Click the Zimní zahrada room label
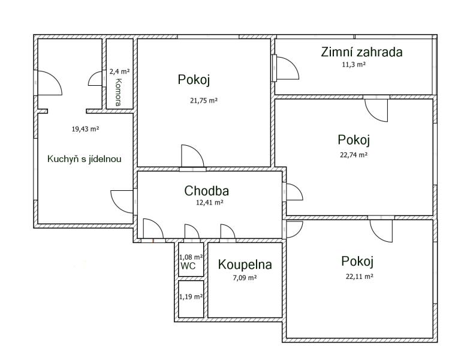coord(361,52)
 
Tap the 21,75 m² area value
coord(204,101)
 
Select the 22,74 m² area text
coord(354,155)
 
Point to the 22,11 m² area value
coord(360,277)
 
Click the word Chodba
coord(206,191)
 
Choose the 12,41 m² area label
coord(210,202)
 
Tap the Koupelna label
coord(245,265)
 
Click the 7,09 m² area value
coord(245,278)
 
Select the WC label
coord(188,266)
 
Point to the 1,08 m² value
coord(191,257)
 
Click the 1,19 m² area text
coord(191,296)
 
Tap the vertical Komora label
coord(118,92)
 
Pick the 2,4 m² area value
coord(119,71)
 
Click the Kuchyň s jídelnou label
coord(84,159)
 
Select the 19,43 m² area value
coord(85,129)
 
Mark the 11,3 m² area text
coord(354,64)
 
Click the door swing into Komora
coord(95,79)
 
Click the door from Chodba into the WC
coord(192,232)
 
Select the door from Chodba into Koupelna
coord(228,232)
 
